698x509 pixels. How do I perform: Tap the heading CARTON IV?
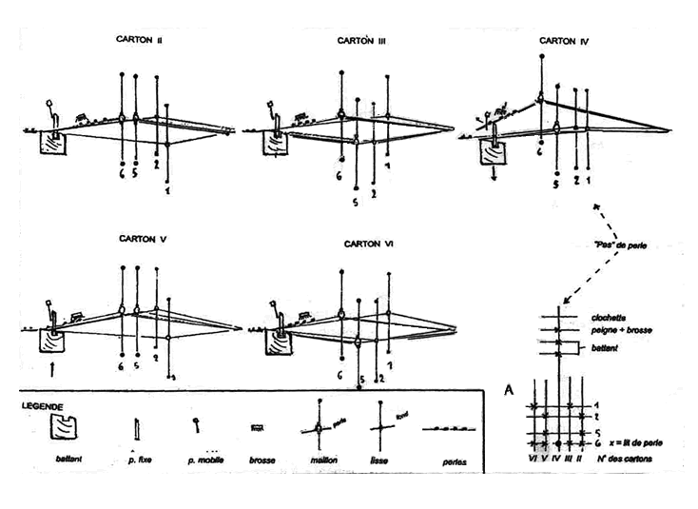(x=565, y=41)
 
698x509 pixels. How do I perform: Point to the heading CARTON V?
(x=143, y=239)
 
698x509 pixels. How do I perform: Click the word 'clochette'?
(x=607, y=319)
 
